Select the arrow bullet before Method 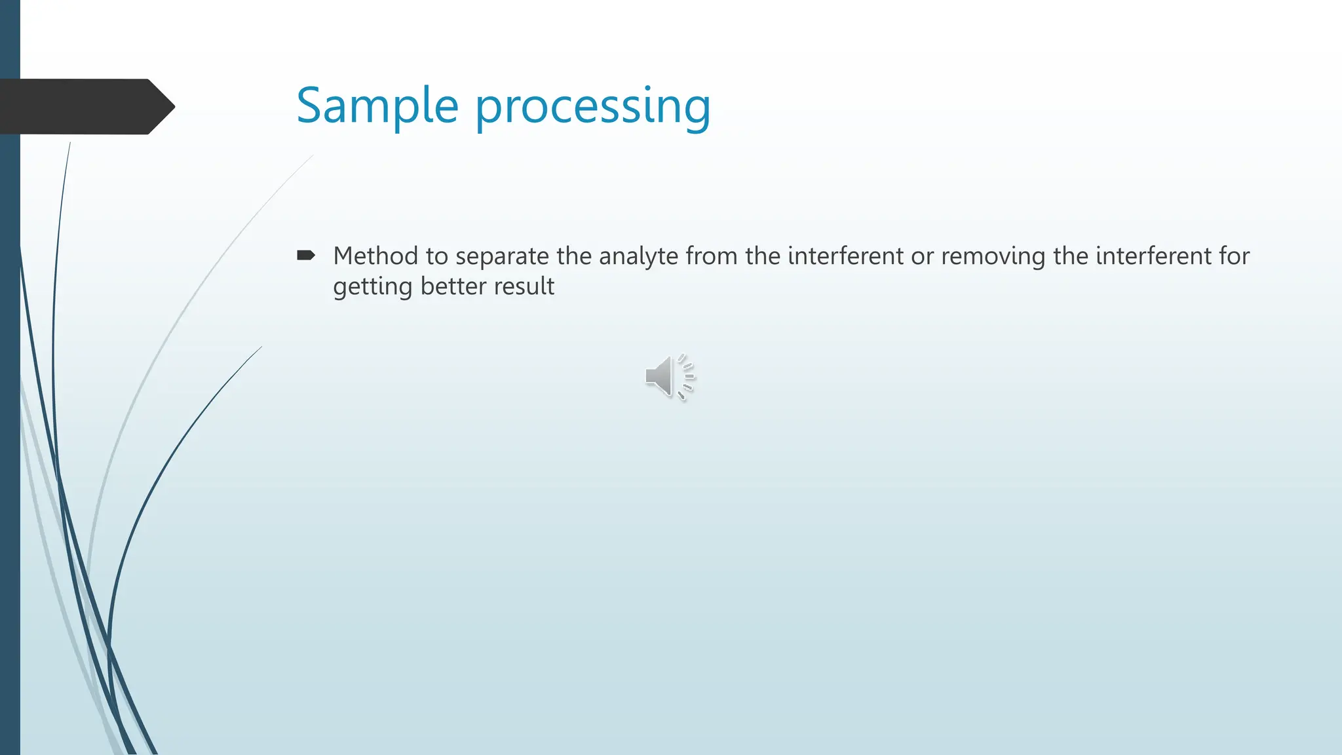[x=305, y=255]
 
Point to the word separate [x=502, y=256]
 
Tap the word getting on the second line [x=372, y=287]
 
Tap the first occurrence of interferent [x=845, y=256]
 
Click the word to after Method [x=436, y=256]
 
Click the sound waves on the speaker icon [x=687, y=376]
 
